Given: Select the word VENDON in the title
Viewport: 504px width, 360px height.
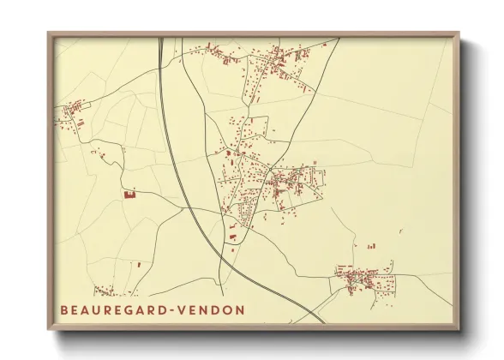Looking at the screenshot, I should coord(215,309).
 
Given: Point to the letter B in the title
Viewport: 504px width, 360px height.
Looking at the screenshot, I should coord(64,309).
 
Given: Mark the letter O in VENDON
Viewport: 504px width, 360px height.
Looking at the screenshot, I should coord(227,309).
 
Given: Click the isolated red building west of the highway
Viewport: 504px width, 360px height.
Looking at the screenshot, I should coord(130,194).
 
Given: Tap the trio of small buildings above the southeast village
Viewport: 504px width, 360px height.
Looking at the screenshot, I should coord(371,246).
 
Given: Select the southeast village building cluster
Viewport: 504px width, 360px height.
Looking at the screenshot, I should coord(364,278).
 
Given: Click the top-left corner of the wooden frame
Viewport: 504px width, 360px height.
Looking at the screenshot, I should coord(49,34).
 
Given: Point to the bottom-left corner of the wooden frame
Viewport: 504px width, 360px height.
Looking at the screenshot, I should coord(49,329).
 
